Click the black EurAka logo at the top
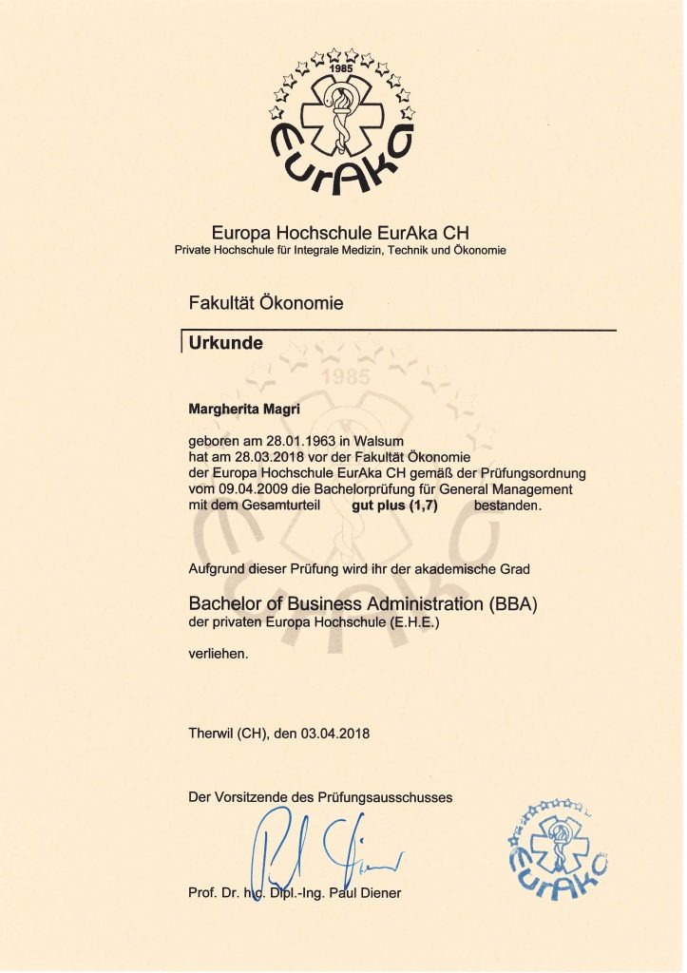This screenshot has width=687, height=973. [x=343, y=124]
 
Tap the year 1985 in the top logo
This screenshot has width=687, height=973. [x=341, y=69]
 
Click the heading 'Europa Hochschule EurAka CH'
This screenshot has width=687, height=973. [x=340, y=232]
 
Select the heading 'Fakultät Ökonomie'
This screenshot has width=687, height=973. [x=266, y=304]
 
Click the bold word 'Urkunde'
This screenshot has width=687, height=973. [x=221, y=342]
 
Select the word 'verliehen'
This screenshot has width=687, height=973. [x=219, y=653]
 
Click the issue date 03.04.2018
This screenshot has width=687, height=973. [x=334, y=733]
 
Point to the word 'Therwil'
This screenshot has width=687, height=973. [x=211, y=733]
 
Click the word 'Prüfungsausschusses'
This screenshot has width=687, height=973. [x=389, y=797]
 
